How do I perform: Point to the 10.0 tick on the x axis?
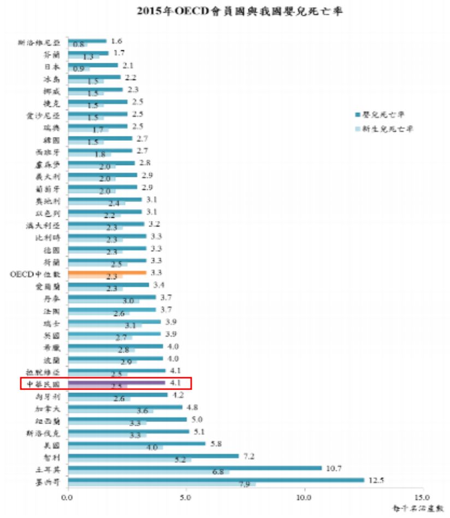[x=304, y=498]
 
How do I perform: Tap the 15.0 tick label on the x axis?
[x=422, y=498]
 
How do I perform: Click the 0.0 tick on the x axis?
[x=68, y=498]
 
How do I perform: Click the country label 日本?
[x=52, y=66]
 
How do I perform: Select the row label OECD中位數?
[x=39, y=273]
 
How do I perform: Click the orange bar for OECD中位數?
[x=107, y=271]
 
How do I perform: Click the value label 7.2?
[x=250, y=455]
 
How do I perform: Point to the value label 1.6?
[x=116, y=41]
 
